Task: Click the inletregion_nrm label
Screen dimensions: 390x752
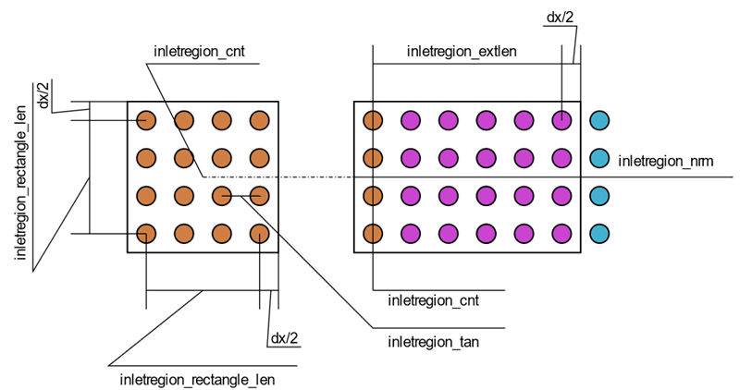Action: (665, 162)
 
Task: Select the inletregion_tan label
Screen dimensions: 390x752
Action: (432, 343)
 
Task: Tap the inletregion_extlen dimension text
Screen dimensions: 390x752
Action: (462, 51)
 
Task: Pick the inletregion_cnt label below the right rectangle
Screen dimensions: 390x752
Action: (433, 300)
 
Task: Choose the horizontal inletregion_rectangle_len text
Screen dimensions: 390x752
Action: (197, 379)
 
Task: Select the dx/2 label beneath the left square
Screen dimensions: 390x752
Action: (284, 338)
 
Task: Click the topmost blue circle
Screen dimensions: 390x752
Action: (600, 120)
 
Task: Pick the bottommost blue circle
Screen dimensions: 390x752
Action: (600, 233)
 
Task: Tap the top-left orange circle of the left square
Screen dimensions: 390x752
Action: (146, 120)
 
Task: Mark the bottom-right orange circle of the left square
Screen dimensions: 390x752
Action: (259, 233)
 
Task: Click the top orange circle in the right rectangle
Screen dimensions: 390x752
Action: (373, 120)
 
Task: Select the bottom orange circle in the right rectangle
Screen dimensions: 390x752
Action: (373, 233)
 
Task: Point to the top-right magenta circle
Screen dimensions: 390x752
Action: (562, 120)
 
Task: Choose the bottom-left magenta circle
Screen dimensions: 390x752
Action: (411, 233)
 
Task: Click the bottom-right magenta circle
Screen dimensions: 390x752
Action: (562, 233)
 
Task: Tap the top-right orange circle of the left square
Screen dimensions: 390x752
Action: (259, 120)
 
